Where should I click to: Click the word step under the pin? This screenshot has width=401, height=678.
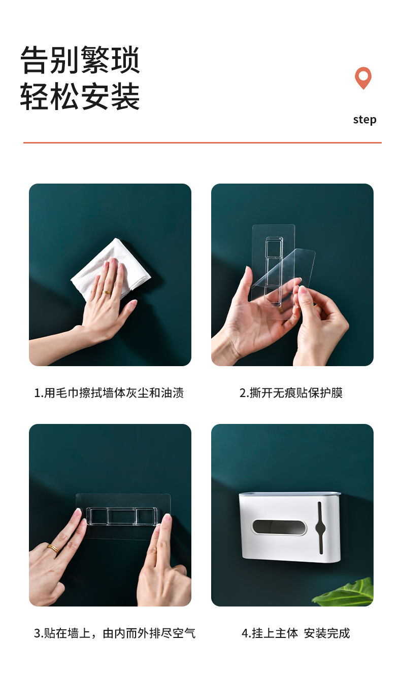[x=364, y=120]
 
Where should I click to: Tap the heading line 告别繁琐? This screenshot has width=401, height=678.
[x=80, y=60]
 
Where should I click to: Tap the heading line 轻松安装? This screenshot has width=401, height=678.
[x=80, y=96]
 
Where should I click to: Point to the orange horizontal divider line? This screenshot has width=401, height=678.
[x=202, y=143]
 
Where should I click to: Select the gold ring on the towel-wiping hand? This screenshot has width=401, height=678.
[x=107, y=292]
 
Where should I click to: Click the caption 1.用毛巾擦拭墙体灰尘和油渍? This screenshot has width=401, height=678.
[x=109, y=393]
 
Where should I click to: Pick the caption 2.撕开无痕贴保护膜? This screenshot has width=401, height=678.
[x=291, y=393]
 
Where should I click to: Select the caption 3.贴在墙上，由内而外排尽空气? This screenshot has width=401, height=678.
[x=114, y=633]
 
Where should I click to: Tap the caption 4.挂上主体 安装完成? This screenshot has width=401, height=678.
[x=295, y=633]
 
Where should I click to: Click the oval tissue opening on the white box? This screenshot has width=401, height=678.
[x=279, y=527]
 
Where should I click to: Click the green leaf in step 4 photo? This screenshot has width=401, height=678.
[x=348, y=593]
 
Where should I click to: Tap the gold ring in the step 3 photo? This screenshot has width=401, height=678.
[x=52, y=548]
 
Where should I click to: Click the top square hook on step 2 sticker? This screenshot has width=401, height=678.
[x=274, y=248]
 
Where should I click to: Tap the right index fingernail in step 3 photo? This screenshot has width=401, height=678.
[x=166, y=518]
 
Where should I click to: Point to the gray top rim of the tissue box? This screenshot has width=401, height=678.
[x=289, y=493]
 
